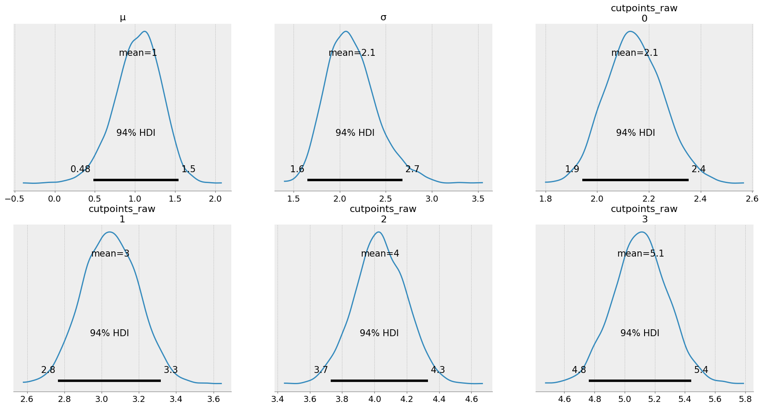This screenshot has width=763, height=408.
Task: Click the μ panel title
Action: pyautogui.click(x=123, y=17)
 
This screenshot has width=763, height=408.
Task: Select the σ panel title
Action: pyautogui.click(x=383, y=17)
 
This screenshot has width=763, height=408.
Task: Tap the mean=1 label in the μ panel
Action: pyautogui.click(x=138, y=53)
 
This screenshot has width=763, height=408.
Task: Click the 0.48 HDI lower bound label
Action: pyautogui.click(x=80, y=169)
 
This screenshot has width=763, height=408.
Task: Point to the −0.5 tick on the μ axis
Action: pyautogui.click(x=14, y=199)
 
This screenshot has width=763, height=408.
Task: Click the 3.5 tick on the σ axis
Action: pyautogui.click(x=478, y=199)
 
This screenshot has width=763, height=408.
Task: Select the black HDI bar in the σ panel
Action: pyautogui.click(x=354, y=180)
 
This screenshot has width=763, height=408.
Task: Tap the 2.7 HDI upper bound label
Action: pyautogui.click(x=412, y=169)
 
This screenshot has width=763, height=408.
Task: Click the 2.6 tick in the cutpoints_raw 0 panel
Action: pyautogui.click(x=752, y=199)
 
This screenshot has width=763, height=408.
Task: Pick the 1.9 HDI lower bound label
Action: pyautogui.click(x=572, y=169)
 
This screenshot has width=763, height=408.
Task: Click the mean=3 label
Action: pyautogui.click(x=110, y=254)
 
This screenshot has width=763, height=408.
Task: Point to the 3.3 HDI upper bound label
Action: pyautogui.click(x=171, y=370)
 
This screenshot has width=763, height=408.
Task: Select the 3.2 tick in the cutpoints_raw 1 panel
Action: pyautogui.click(x=139, y=399)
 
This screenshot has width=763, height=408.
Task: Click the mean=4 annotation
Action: pyautogui.click(x=380, y=254)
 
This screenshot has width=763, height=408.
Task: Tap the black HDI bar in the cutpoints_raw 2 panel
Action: pyautogui.click(x=379, y=380)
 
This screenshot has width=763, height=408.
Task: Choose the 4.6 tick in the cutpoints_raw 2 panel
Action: pyautogui.click(x=472, y=399)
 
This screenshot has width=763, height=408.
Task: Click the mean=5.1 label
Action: pyautogui.click(x=641, y=254)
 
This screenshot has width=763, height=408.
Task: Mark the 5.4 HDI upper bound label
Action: pyautogui.click(x=701, y=370)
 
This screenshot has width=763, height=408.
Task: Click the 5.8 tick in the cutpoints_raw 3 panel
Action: pyautogui.click(x=745, y=399)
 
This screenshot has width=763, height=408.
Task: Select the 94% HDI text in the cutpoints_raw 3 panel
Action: pyautogui.click(x=640, y=333)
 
